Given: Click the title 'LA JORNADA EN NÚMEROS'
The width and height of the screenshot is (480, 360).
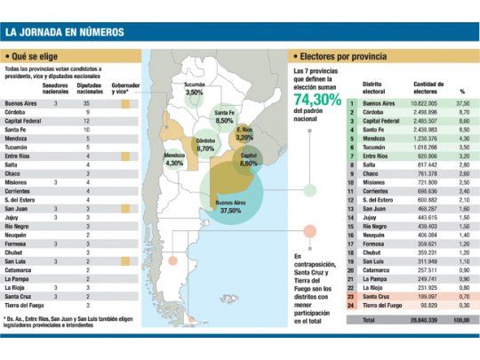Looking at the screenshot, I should [x=66, y=34].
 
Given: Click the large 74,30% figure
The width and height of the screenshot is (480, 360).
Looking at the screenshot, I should [x=317, y=100].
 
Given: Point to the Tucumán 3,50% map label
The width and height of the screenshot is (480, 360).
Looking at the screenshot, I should [x=194, y=88].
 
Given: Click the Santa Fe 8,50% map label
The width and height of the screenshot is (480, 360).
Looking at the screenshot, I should [x=225, y=117].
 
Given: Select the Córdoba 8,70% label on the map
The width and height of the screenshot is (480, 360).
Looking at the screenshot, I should [x=205, y=145].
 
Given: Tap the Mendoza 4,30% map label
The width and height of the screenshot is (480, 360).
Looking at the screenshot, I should [x=174, y=160].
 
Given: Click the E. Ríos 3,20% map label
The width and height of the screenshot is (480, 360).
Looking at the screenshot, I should [x=246, y=134].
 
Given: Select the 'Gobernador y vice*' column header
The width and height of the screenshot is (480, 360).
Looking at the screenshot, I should [x=124, y=88].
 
